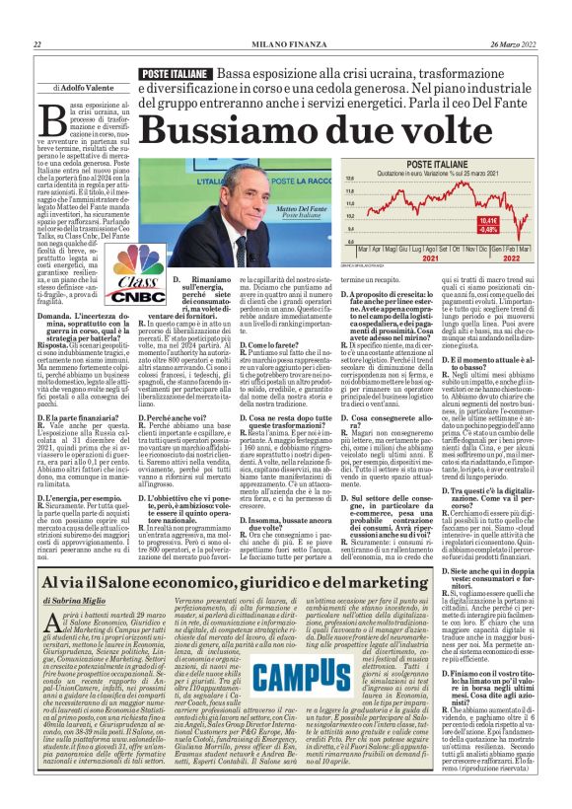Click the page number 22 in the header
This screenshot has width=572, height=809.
(x=36, y=43)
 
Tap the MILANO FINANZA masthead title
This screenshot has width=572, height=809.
(x=286, y=43)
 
